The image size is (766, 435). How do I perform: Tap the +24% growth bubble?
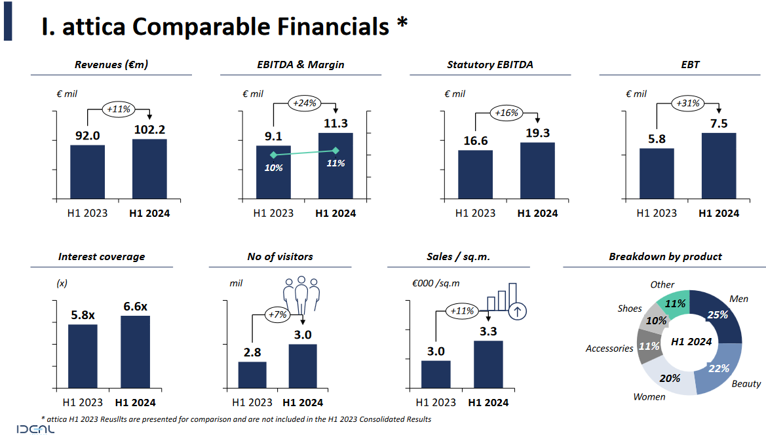304,103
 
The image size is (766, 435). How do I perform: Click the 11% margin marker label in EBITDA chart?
335,163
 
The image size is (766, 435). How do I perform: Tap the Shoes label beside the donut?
629,309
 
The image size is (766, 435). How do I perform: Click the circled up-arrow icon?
518,311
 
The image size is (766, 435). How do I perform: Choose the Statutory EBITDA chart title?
490,64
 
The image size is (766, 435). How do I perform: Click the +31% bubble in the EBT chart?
688,103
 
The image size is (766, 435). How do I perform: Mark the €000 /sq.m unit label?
436,284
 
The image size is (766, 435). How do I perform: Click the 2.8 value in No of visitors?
252,351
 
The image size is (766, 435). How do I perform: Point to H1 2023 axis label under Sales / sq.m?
435,402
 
